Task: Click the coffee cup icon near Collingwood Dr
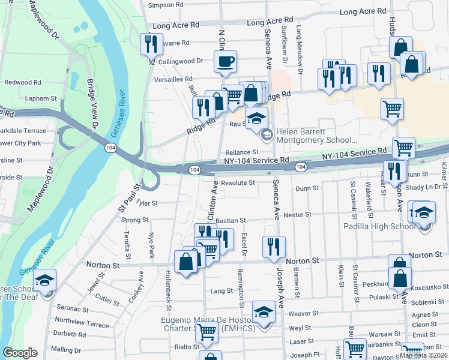[x=225, y=61]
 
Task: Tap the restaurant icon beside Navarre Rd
[x=150, y=44]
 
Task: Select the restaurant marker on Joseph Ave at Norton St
[x=274, y=247]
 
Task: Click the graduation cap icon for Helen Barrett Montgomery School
[x=256, y=118]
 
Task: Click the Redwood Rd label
[x=23, y=82]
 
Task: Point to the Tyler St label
[x=147, y=203]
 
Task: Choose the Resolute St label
[x=238, y=182]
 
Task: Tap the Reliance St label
[x=241, y=153]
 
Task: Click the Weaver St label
[x=303, y=313]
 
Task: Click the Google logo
[x=20, y=353]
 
